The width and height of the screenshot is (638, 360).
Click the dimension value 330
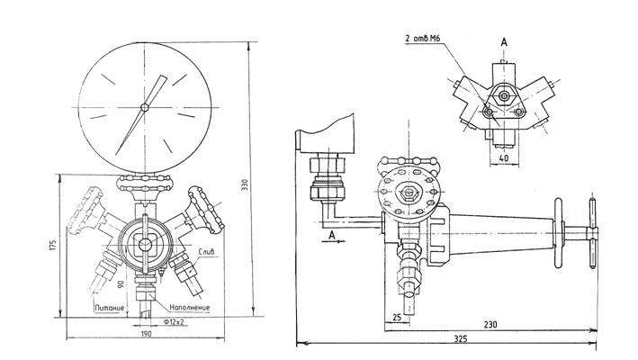(x=245, y=186)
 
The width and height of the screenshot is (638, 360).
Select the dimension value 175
(x=52, y=245)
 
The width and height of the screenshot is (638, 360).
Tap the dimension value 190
(x=147, y=334)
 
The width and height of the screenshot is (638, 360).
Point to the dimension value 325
(x=461, y=338)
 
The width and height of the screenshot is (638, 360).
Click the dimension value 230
(x=490, y=325)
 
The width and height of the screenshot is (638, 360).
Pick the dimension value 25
(x=397, y=316)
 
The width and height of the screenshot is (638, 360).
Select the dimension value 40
(x=504, y=158)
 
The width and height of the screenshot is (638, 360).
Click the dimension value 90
(x=121, y=283)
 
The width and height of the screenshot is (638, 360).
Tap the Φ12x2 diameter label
(x=175, y=322)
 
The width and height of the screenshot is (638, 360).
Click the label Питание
(x=110, y=308)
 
